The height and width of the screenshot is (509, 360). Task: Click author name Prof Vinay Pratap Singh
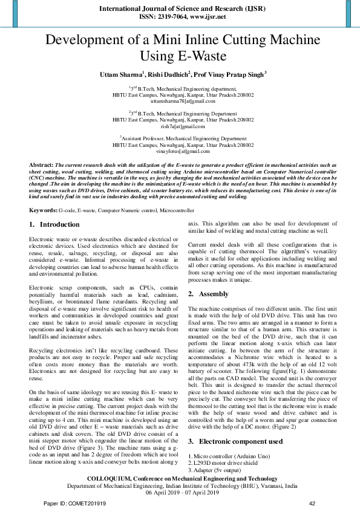(x=229, y=74)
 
